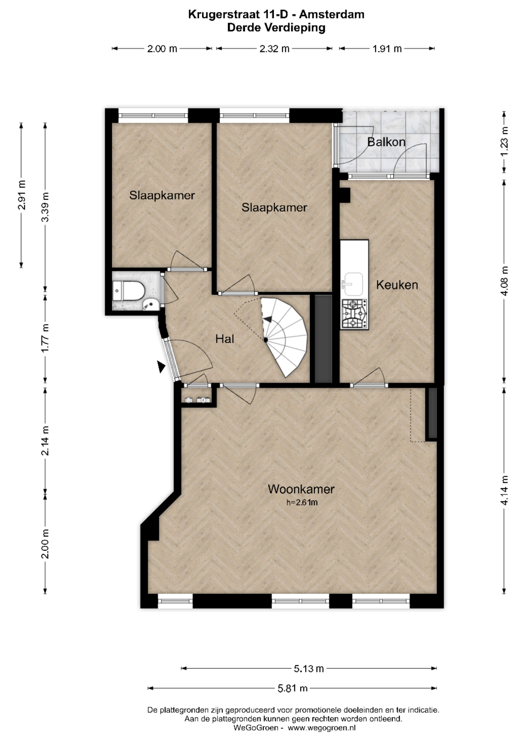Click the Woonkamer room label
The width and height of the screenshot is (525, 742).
tap(301, 489)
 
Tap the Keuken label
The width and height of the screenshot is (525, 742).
tap(397, 285)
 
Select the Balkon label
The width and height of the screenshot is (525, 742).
tap(386, 142)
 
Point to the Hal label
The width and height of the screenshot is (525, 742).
tap(225, 339)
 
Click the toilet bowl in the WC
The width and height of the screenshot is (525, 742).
tap(129, 290)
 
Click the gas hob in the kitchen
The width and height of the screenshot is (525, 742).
tap(354, 314)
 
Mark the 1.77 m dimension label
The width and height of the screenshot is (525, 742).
tap(45, 338)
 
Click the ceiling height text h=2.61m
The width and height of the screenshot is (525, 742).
tap(302, 502)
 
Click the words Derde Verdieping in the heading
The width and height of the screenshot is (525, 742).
tap(276, 28)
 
